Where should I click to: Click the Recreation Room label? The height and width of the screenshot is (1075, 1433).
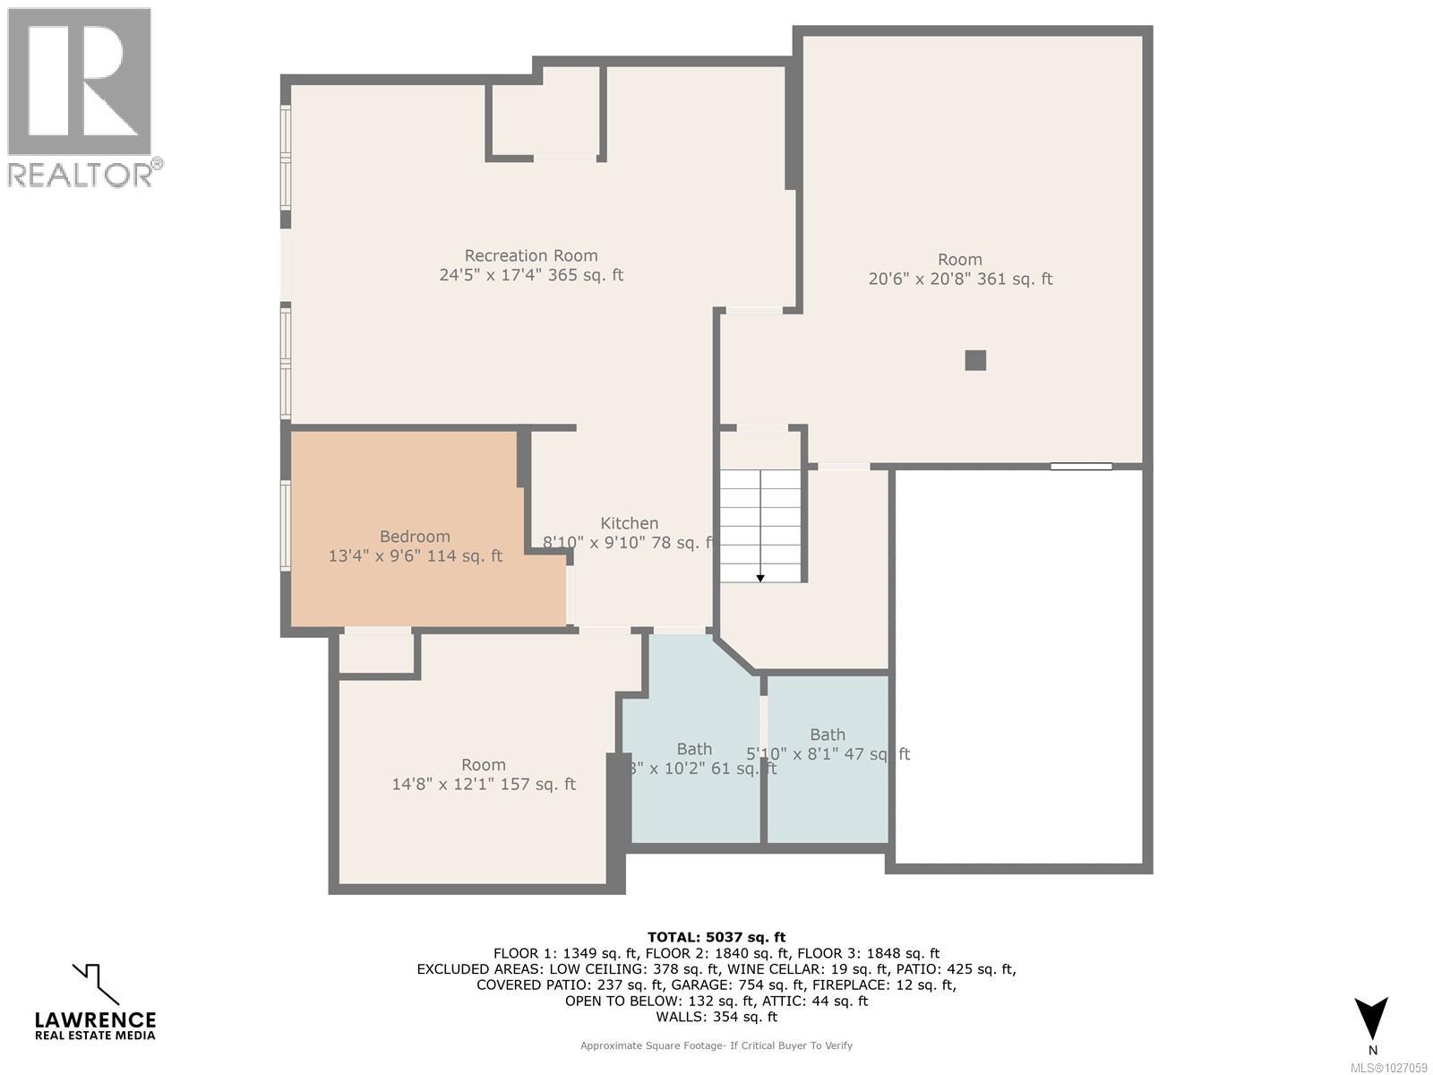coord(530,255)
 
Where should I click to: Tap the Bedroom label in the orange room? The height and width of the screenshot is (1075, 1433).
coord(415,536)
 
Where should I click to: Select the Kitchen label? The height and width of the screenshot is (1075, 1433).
coord(629,523)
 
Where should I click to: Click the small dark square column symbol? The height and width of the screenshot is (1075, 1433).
coord(975,360)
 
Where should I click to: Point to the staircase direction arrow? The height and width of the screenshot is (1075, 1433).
coord(760,578)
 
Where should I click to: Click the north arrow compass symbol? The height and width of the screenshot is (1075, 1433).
coord(1371,1019)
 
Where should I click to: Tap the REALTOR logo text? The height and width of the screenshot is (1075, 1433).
coord(85,173)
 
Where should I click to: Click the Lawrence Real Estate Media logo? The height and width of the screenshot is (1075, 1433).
coord(95,1004)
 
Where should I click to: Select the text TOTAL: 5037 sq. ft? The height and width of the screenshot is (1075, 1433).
coord(716,938)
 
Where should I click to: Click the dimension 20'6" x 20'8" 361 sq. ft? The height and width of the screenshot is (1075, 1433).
coord(960,279)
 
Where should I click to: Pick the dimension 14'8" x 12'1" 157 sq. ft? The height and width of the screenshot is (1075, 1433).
coord(484,784)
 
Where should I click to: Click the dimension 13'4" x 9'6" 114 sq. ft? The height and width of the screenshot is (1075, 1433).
coord(415,555)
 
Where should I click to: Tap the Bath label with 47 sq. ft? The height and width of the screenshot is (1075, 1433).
coord(828,735)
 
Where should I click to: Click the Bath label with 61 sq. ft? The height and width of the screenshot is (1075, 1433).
coord(694,749)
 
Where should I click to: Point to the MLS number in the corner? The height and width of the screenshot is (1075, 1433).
coord(1387,1068)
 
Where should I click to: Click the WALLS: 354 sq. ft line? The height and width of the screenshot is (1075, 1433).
coord(716,1017)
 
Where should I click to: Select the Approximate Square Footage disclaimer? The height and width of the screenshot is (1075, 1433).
coord(716,1045)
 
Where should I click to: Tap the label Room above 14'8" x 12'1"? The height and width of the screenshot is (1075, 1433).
coord(484,764)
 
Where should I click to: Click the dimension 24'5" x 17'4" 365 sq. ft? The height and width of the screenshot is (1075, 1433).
coord(530,275)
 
